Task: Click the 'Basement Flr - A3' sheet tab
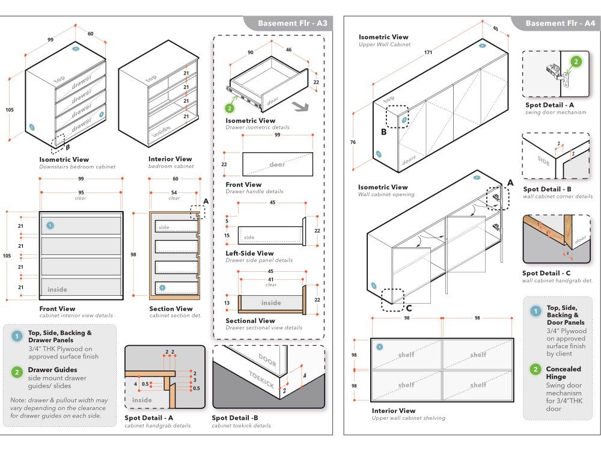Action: point(292,23)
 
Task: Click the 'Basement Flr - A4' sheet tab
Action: point(560,23)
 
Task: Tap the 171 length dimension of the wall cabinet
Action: point(429,53)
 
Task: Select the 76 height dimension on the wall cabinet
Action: point(353,143)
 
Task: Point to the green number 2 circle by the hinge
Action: point(575,61)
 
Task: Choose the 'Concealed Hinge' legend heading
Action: point(564,373)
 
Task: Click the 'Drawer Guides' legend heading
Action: point(53,370)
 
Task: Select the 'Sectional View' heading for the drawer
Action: point(250,321)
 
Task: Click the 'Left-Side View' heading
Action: point(249,253)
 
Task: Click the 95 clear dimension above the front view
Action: point(81,193)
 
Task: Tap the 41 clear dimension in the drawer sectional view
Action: point(271,280)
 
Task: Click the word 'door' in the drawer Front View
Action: point(277,164)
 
